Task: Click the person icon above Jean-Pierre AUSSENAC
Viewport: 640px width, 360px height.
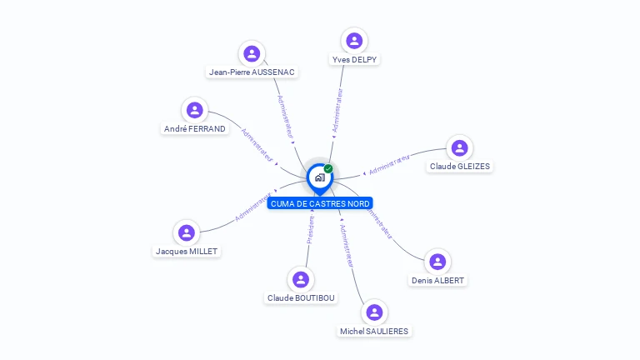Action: (x=252, y=53)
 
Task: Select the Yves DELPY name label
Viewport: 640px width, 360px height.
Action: (x=354, y=59)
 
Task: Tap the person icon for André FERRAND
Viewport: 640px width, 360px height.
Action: (x=195, y=110)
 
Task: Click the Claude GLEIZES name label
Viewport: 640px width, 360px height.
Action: (x=460, y=167)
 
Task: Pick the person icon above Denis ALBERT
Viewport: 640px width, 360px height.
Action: (x=437, y=262)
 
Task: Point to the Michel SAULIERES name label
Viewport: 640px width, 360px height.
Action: (x=374, y=331)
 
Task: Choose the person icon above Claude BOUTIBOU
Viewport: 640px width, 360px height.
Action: (x=301, y=279)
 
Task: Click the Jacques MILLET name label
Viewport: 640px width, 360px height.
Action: (x=187, y=251)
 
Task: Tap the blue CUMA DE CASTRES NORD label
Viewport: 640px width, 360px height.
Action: (x=320, y=203)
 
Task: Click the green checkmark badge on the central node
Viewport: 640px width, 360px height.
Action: (x=328, y=168)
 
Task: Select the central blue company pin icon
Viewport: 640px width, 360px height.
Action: (x=319, y=177)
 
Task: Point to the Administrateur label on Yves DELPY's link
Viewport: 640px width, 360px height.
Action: (x=337, y=111)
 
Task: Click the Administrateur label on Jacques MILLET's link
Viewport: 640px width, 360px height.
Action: (x=253, y=207)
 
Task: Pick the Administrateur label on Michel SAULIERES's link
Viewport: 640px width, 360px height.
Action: (x=347, y=246)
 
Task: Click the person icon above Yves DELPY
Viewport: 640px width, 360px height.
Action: (x=354, y=40)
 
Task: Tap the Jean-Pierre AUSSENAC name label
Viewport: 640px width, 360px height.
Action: (x=252, y=72)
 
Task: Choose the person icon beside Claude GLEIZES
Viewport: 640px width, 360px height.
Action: (x=459, y=148)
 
